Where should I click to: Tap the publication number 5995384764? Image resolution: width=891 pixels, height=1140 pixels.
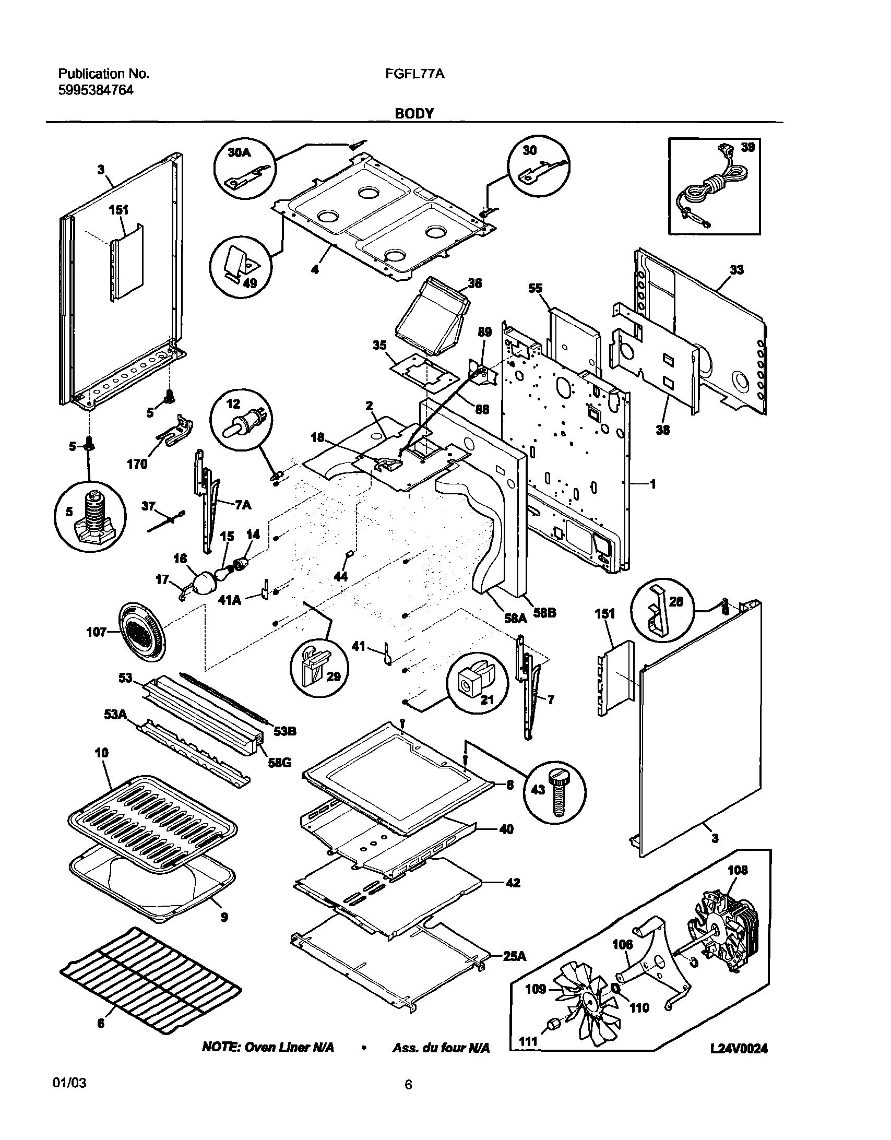click(x=96, y=90)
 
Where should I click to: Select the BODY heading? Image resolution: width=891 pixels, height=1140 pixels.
click(x=414, y=113)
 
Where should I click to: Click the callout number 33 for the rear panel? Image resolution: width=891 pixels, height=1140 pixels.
click(x=736, y=270)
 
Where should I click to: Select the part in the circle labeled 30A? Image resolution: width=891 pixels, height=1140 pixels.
click(x=248, y=176)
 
